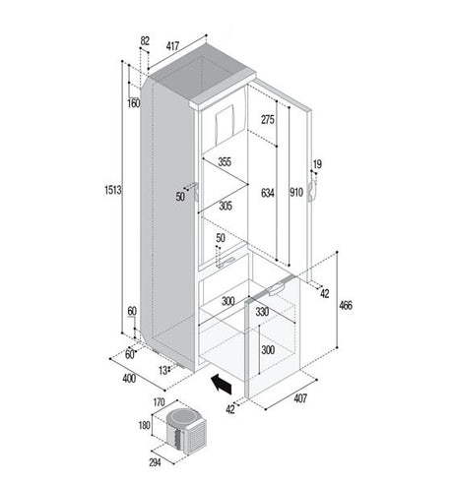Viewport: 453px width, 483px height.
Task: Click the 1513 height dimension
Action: (111, 191)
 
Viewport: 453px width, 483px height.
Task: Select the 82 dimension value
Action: (145, 40)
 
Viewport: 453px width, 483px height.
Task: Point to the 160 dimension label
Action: (133, 103)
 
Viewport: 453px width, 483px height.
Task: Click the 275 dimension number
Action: (268, 120)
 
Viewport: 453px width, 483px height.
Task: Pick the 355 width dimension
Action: (224, 161)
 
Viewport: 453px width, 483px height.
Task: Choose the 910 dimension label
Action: (296, 193)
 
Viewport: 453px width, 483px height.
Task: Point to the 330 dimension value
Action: (262, 312)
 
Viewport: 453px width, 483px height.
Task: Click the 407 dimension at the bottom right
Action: (302, 398)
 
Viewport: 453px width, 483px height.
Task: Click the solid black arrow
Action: (222, 379)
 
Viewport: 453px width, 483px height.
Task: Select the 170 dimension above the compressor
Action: (159, 402)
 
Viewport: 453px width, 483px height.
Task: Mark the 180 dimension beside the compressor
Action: (146, 426)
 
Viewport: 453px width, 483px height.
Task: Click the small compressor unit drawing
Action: (185, 430)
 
